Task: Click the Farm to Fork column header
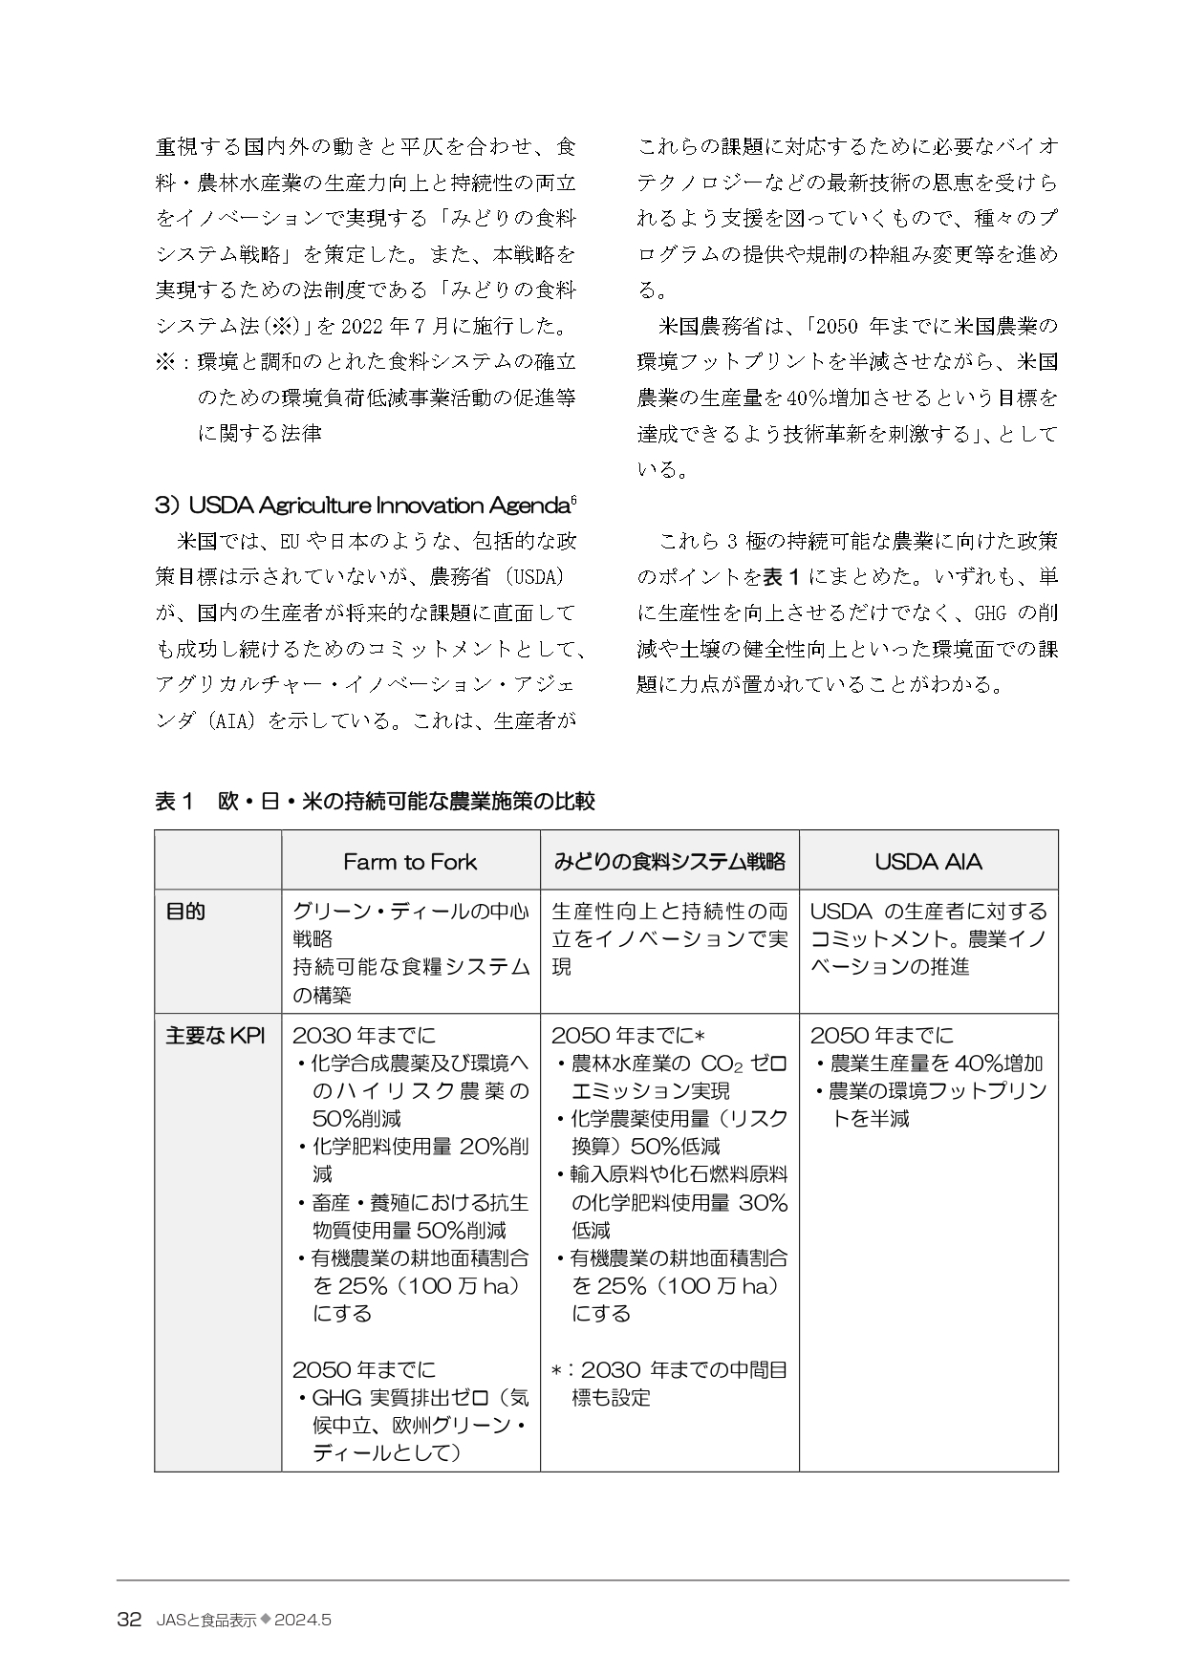point(410,862)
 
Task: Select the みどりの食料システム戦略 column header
point(669,862)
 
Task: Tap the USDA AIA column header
point(928,862)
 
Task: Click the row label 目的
point(185,912)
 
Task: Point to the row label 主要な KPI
point(215,1036)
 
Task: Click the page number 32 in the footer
point(129,1620)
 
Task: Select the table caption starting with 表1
point(375,801)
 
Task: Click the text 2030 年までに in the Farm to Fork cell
point(364,1036)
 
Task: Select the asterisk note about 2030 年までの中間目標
point(669,1384)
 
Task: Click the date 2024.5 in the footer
point(302,1620)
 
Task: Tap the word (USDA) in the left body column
point(535,577)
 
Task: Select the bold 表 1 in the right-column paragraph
point(786,577)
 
